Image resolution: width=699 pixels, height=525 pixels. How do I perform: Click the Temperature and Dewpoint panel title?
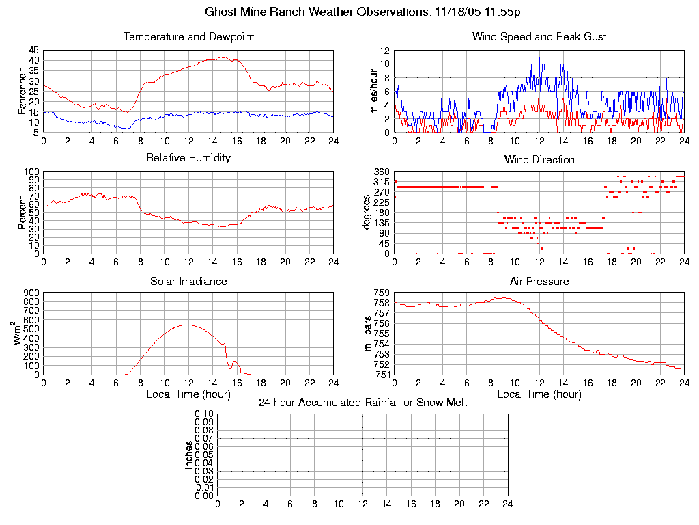point(188,36)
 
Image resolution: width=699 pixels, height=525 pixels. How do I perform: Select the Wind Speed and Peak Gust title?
point(539,36)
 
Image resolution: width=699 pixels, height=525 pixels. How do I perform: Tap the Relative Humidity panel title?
point(188,158)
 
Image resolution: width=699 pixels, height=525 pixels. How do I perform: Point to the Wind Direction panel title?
point(539,159)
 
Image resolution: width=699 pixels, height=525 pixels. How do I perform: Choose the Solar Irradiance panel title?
point(188,281)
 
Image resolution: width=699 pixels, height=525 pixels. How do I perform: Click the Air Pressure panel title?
point(539,281)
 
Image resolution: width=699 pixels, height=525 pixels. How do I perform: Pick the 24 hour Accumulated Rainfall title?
point(362,403)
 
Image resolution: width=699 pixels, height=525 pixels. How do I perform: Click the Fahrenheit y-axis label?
point(22,91)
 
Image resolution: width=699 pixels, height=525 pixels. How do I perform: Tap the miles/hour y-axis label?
point(373,91)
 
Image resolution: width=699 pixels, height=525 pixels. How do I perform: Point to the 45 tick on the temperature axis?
point(33,51)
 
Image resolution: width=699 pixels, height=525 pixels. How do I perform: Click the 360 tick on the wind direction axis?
point(381,172)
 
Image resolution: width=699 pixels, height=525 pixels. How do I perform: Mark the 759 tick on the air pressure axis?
point(381,293)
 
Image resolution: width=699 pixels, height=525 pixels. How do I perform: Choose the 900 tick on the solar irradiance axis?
point(31,293)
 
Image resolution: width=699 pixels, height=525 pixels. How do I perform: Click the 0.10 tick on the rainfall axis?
point(204,414)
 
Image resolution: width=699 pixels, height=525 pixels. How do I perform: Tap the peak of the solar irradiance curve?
point(187,325)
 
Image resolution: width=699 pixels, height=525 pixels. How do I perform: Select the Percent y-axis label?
point(22,213)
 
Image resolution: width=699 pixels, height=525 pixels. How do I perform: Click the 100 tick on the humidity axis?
point(31,172)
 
